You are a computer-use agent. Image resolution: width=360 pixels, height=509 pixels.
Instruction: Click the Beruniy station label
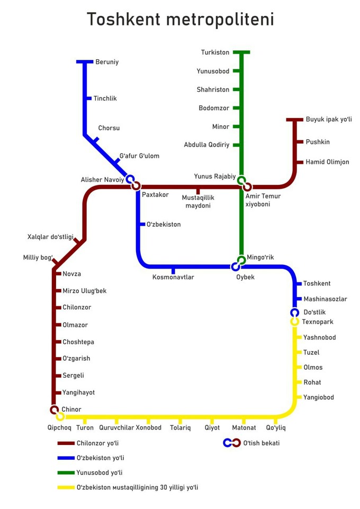(x=107, y=62)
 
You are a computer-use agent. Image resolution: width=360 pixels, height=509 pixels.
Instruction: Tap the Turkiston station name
(x=215, y=52)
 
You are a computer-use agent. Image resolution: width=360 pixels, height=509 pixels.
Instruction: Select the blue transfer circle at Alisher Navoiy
(x=130, y=179)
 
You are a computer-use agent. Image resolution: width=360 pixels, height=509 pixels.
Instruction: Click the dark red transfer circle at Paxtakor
(x=136, y=186)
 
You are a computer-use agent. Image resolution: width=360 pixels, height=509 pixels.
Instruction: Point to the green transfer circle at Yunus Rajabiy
(x=241, y=180)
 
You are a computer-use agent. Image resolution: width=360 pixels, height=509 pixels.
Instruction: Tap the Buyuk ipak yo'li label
(x=329, y=120)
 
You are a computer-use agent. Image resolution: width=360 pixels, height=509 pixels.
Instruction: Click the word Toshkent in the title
(x=123, y=19)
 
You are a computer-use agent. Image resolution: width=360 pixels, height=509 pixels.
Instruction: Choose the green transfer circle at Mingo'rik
(x=241, y=260)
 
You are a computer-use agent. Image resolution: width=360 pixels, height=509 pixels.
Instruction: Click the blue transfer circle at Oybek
(x=236, y=267)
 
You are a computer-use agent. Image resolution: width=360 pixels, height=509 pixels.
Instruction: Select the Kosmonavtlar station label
(x=173, y=277)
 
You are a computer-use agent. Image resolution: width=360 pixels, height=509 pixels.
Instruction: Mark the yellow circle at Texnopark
(x=294, y=322)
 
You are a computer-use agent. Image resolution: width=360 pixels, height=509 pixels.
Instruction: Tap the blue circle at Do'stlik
(x=294, y=312)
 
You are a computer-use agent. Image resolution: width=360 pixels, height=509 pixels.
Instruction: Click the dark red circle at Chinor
(x=54, y=409)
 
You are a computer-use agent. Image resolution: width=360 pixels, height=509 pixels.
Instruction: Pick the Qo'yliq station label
(x=276, y=428)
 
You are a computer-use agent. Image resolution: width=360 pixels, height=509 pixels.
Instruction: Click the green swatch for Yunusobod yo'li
(x=66, y=472)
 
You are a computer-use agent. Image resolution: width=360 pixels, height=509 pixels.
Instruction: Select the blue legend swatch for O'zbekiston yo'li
(x=66, y=458)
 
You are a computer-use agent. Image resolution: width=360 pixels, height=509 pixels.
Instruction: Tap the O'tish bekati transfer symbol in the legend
(x=232, y=443)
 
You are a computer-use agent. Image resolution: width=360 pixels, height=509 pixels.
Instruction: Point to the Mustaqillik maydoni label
(x=198, y=202)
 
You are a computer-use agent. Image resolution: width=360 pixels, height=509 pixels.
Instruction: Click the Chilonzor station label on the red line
(x=77, y=307)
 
